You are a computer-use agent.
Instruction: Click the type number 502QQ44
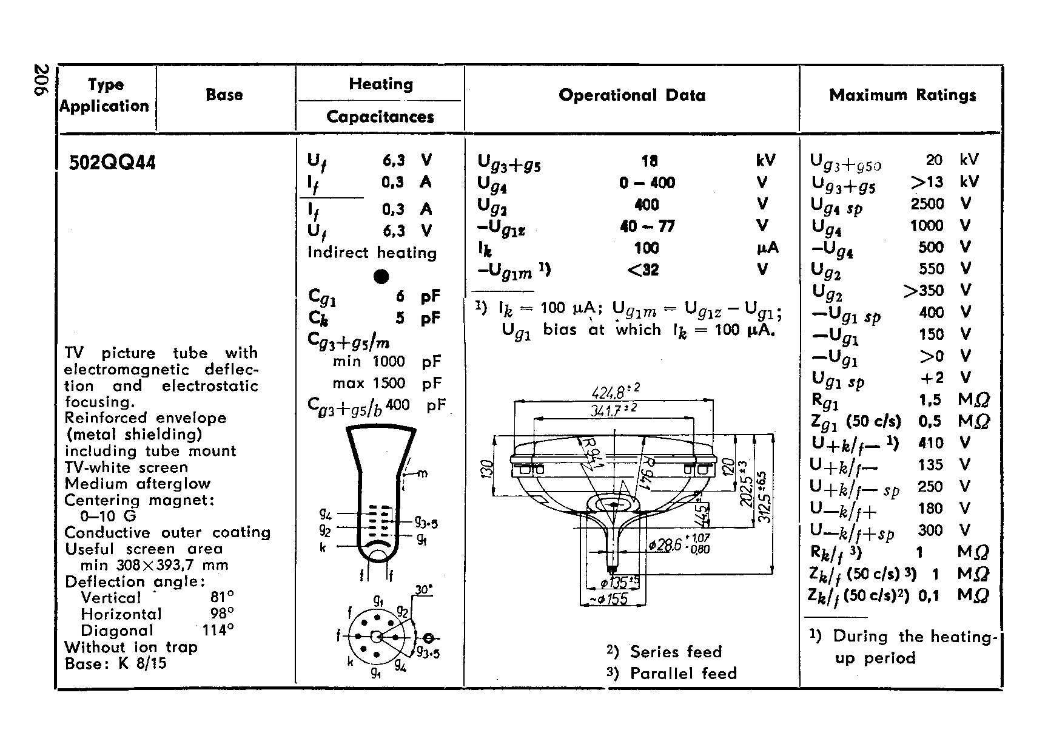point(112,163)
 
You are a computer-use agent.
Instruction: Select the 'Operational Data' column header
point(632,95)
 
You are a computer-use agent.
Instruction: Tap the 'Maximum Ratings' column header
point(902,95)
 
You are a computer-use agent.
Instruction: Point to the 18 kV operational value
point(649,161)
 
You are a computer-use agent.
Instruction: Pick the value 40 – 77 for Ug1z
point(647,226)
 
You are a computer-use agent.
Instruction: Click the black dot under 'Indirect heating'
point(381,277)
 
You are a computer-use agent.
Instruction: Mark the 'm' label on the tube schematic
point(423,473)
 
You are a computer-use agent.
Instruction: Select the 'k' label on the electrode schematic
point(323,547)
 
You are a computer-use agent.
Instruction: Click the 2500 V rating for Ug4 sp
point(927,204)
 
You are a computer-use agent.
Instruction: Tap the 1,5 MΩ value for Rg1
point(929,399)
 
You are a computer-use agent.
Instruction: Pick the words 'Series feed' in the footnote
point(676,652)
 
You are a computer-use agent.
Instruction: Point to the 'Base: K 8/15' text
point(115,663)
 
